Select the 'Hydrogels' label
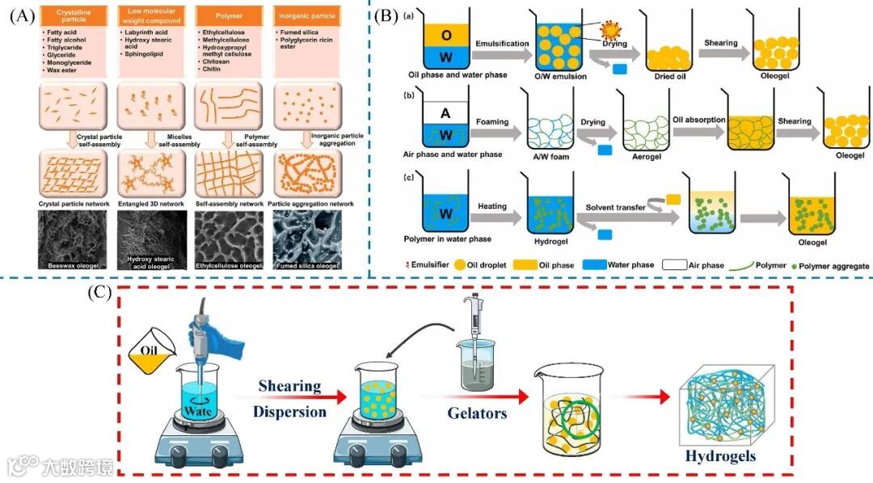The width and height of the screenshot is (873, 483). coord(720,456)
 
